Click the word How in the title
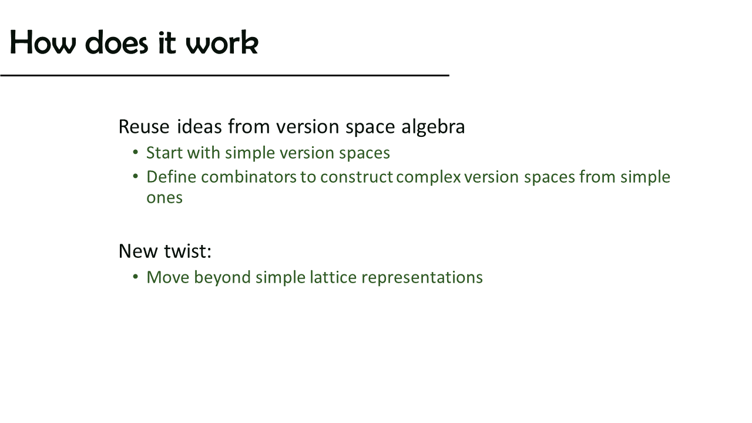[x=43, y=43]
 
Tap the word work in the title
[x=222, y=42]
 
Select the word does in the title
[x=116, y=43]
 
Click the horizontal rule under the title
[x=224, y=76]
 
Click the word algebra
[x=433, y=127]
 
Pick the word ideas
[x=199, y=126]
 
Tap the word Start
[x=165, y=153]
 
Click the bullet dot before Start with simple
[x=136, y=152]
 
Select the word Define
[x=171, y=177]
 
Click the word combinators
[x=249, y=177]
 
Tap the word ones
[x=164, y=198]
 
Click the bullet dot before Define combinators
[x=136, y=176]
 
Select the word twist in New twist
[x=187, y=251]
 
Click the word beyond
[x=222, y=278]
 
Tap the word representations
[x=422, y=278]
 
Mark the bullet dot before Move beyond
[x=136, y=277]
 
